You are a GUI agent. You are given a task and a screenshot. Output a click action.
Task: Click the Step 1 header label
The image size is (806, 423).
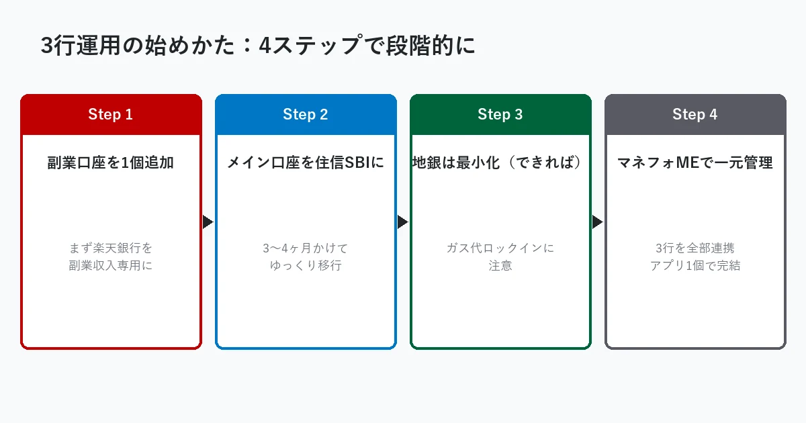(x=111, y=115)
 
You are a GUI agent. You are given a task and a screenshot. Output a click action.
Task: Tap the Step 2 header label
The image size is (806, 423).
(x=306, y=115)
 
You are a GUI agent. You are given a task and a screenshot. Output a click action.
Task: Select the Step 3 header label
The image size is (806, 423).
(x=500, y=115)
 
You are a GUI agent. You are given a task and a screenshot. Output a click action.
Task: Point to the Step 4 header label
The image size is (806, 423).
(x=695, y=115)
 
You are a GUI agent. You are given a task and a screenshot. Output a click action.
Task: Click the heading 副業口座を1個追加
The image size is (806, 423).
(x=111, y=162)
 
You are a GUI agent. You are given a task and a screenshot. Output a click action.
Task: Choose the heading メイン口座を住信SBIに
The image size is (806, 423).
(x=306, y=162)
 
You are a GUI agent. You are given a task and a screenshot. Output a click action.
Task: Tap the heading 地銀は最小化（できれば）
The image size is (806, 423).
(x=500, y=162)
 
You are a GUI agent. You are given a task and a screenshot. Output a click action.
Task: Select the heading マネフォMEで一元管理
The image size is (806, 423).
(x=695, y=162)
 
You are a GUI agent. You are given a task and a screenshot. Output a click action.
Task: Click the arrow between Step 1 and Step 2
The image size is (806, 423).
(x=208, y=222)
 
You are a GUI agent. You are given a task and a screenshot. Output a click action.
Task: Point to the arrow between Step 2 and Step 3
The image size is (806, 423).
(x=402, y=222)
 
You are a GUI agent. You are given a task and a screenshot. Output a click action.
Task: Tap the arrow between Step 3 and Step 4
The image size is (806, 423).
(x=597, y=222)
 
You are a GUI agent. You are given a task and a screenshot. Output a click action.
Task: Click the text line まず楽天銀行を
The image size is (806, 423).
(x=111, y=248)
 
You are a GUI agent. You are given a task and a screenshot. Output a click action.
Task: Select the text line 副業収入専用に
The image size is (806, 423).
(x=111, y=265)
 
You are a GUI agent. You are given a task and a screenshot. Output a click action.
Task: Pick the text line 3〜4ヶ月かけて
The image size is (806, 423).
(x=306, y=248)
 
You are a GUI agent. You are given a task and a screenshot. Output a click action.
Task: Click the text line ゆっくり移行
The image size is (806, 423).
(x=306, y=265)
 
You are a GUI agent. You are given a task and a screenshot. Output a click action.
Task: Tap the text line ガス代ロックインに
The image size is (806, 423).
(x=500, y=248)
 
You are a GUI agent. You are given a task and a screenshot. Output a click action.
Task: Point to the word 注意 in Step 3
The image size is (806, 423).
(x=500, y=265)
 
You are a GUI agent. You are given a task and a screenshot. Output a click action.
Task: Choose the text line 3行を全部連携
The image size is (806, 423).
(x=695, y=248)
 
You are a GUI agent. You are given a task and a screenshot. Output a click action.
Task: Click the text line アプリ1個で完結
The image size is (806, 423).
(x=695, y=265)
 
